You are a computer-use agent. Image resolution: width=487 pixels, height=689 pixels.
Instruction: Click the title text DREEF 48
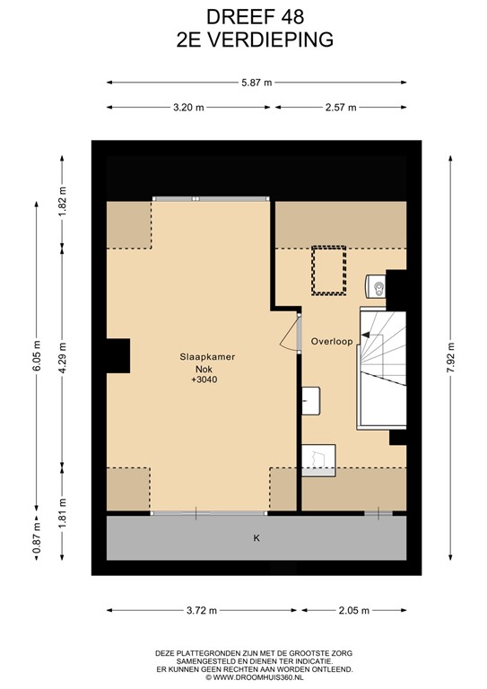(243, 16)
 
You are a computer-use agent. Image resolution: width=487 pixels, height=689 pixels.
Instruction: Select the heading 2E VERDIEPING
(243, 39)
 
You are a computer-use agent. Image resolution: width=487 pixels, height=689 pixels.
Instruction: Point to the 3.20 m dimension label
(189, 107)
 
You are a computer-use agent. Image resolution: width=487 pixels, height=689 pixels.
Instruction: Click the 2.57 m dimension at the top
(341, 107)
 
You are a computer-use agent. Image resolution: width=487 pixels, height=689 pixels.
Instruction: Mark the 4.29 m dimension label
(62, 356)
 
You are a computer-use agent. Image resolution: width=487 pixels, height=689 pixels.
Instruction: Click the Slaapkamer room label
(205, 356)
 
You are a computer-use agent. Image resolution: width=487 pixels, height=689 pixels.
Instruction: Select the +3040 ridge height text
(204, 379)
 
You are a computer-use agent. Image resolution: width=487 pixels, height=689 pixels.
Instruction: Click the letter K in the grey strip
(256, 539)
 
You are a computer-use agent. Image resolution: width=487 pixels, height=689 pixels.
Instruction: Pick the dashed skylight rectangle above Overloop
(328, 270)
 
